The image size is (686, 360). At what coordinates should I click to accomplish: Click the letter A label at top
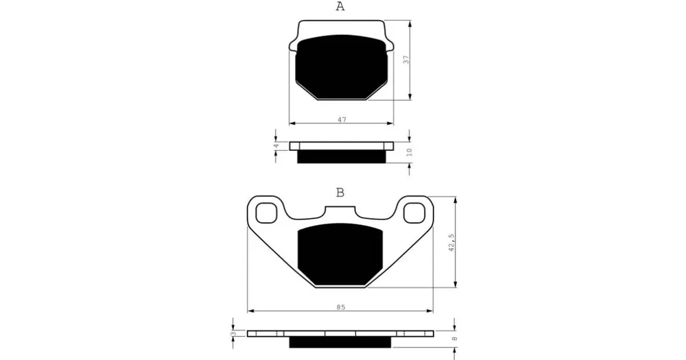pyautogui.click(x=340, y=7)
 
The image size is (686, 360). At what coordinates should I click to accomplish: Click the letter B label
pyautogui.click(x=340, y=193)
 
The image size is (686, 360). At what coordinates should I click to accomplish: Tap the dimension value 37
pyautogui.click(x=406, y=60)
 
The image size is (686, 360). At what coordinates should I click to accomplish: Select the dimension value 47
pyautogui.click(x=342, y=119)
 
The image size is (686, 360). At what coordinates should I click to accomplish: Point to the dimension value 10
pyautogui.click(x=409, y=152)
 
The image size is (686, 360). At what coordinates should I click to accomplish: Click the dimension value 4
pyautogui.click(x=276, y=145)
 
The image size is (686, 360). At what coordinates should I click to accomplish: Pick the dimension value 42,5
pyautogui.click(x=451, y=242)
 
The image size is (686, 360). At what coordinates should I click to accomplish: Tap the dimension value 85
pyautogui.click(x=341, y=307)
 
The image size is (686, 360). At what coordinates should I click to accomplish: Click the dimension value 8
pyautogui.click(x=454, y=339)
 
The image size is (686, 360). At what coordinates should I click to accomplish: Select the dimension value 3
pyautogui.click(x=233, y=334)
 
